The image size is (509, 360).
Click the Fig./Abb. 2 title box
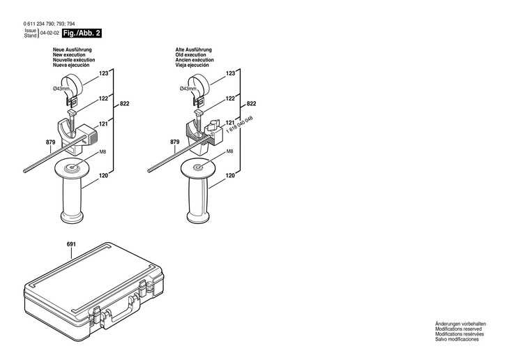[x=82, y=33]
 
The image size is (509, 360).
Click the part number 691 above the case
[x=70, y=244]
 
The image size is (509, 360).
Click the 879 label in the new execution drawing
[x=50, y=142]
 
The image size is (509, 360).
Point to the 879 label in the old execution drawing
[x=175, y=142]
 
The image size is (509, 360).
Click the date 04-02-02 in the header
[x=49, y=33]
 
